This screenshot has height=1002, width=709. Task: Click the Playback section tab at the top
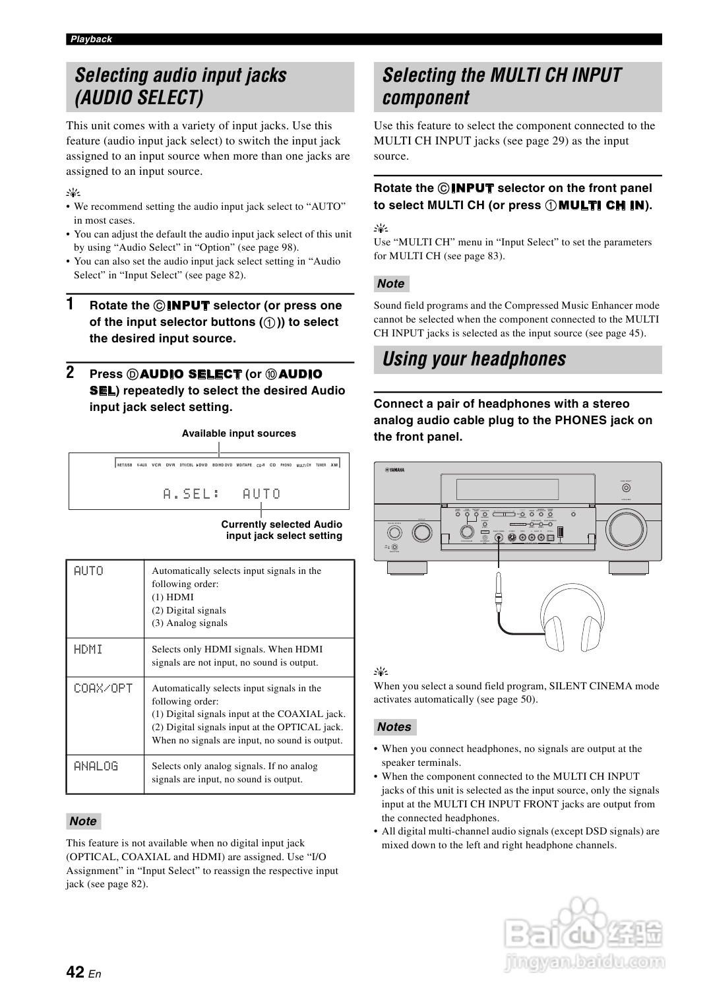(x=91, y=40)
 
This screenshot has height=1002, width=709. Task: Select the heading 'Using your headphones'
(x=474, y=360)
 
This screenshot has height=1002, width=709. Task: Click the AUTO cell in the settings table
(x=88, y=571)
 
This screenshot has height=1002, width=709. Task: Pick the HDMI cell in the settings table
(x=88, y=650)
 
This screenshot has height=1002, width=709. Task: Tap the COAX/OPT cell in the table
(x=103, y=689)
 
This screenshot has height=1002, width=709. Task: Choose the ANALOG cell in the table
(x=96, y=767)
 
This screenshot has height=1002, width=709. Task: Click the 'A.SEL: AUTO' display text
(x=222, y=494)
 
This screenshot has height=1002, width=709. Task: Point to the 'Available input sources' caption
(x=239, y=433)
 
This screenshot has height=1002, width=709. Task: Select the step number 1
(x=70, y=305)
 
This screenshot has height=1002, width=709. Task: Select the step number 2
(x=70, y=373)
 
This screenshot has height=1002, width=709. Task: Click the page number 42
(x=75, y=972)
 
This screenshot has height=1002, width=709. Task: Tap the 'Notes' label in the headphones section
(x=394, y=727)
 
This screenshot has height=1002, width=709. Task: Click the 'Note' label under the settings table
(x=83, y=821)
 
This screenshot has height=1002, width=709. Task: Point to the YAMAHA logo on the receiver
(x=394, y=470)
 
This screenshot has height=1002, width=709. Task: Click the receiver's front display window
(x=507, y=489)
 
